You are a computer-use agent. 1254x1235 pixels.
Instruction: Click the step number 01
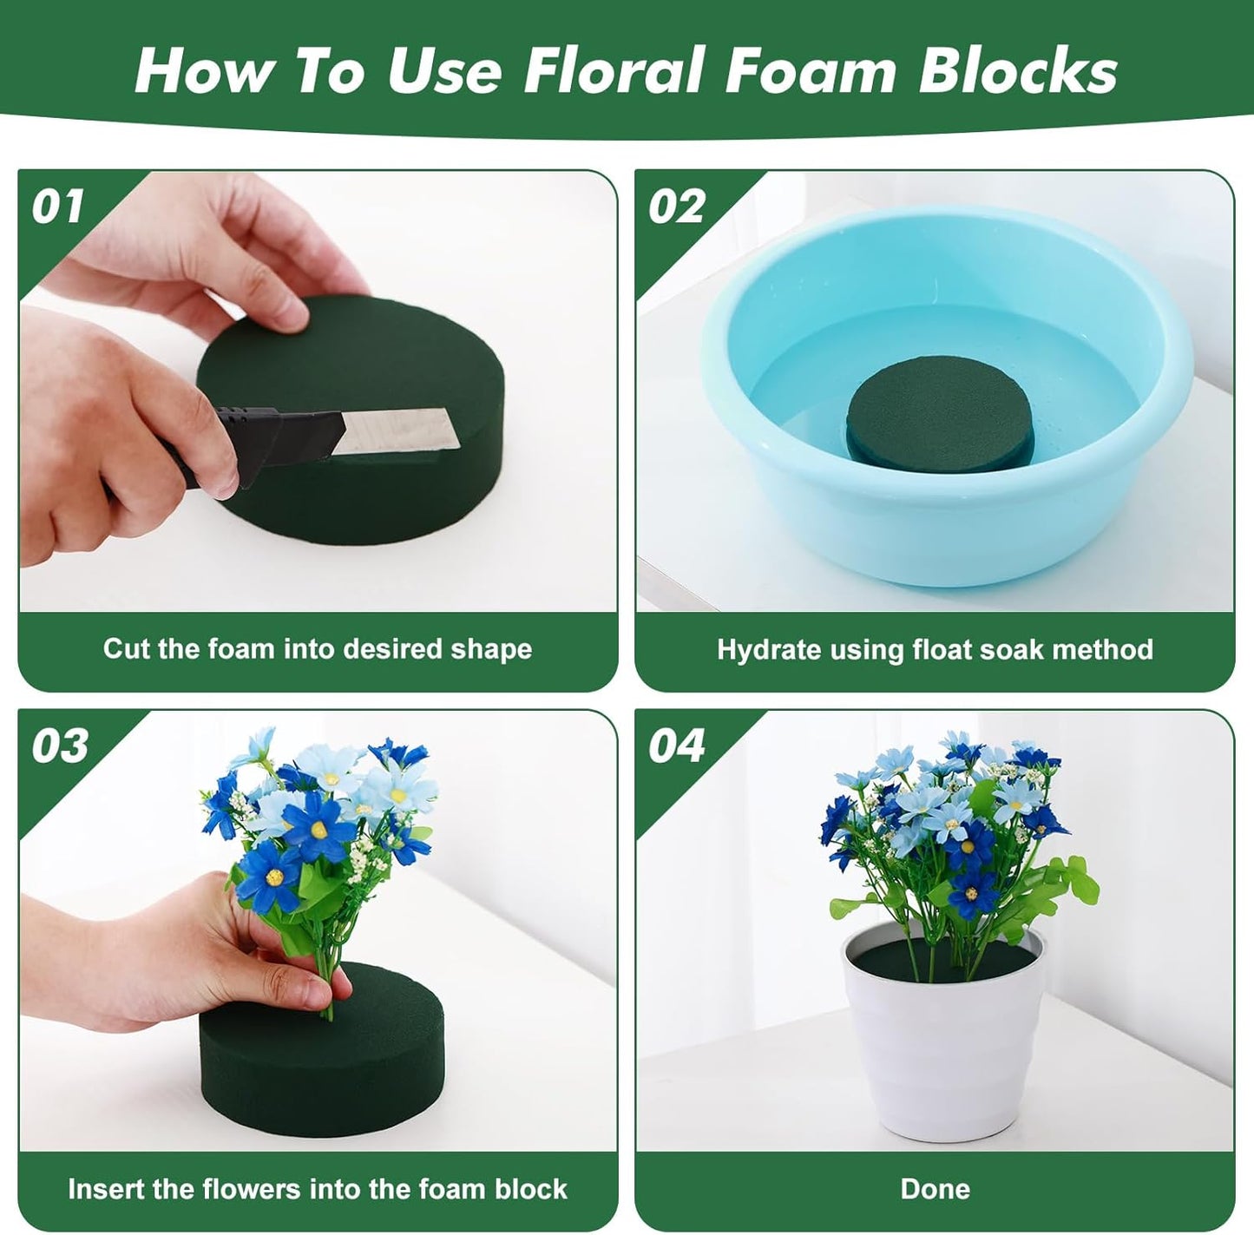pos(57,207)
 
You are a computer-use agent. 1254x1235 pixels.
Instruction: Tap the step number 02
pos(676,207)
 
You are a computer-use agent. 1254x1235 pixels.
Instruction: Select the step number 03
pos(59,746)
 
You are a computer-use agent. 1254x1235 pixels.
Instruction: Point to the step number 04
pos(676,746)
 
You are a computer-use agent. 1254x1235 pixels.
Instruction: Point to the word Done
pos(935,1188)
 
